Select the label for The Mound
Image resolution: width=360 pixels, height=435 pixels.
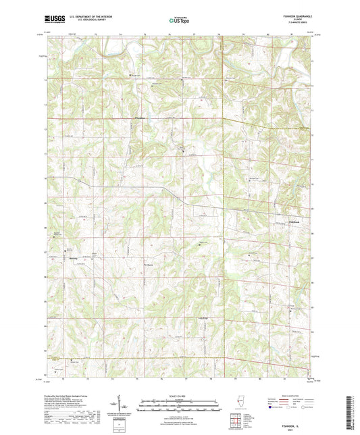point(151,264)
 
